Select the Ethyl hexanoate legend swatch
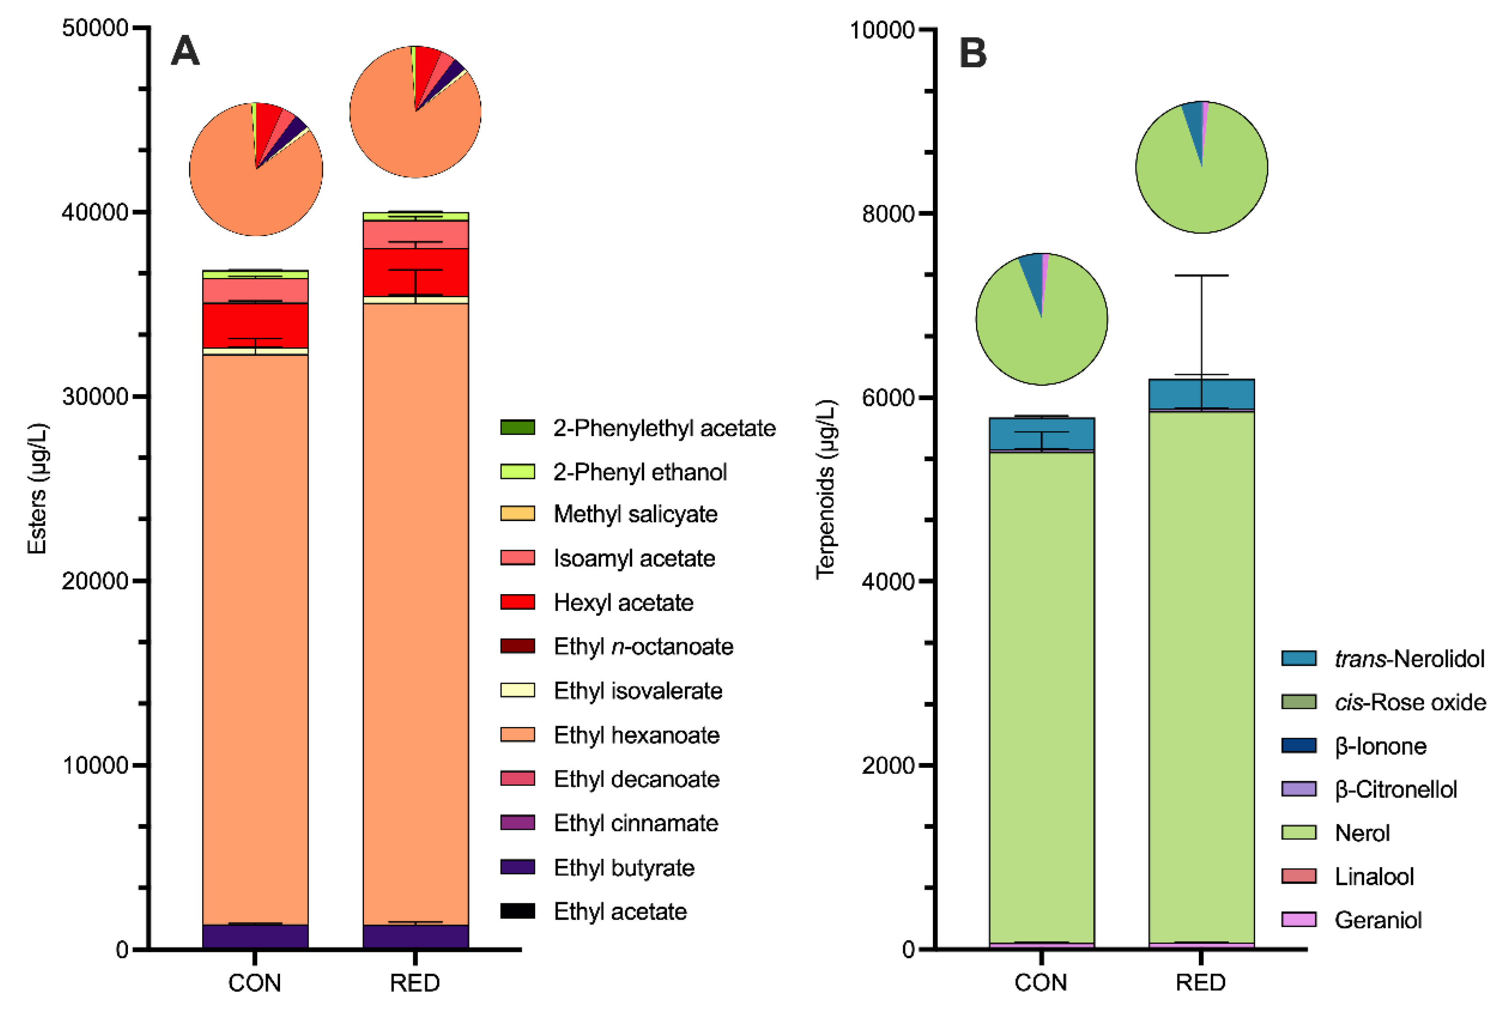click(518, 735)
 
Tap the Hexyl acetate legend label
click(623, 602)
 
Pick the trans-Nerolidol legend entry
click(1383, 658)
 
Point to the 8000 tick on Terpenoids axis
click(927, 213)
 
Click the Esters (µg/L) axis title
click(37, 489)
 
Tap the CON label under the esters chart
click(255, 982)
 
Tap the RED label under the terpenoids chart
click(1201, 982)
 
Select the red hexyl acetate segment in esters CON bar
click(255, 325)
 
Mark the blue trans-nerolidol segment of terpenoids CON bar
click(1042, 434)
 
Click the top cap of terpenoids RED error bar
click(1202, 276)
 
